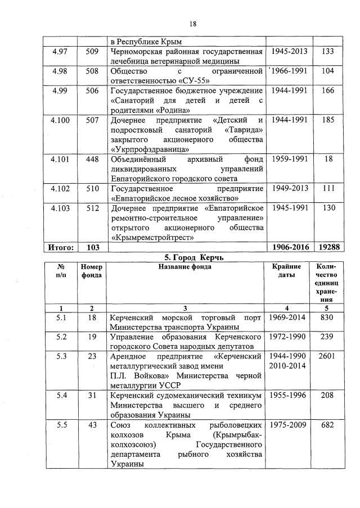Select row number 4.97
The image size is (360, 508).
click(x=59, y=52)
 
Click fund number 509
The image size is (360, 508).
click(x=92, y=52)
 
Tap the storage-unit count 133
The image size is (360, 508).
click(x=328, y=52)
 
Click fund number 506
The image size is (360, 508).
click(x=92, y=90)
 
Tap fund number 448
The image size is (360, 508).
click(x=92, y=159)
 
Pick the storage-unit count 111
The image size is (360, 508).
click(x=328, y=188)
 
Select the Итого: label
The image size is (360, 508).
click(x=59, y=247)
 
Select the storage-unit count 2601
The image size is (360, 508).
click(x=328, y=357)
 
